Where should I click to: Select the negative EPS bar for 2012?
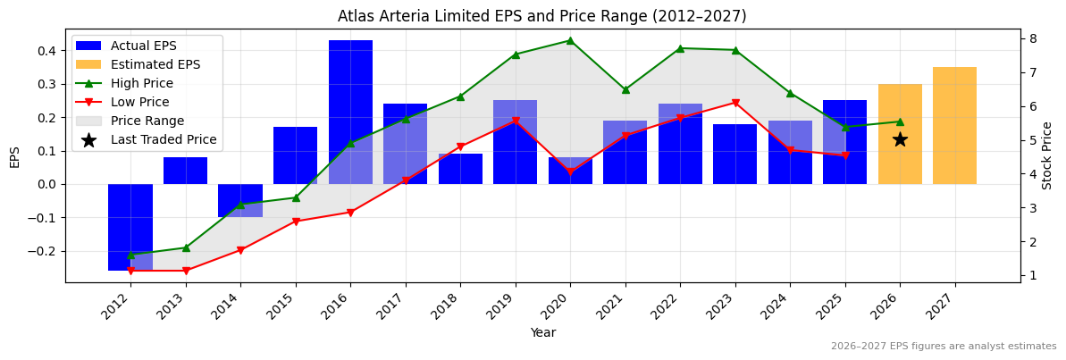[130, 227]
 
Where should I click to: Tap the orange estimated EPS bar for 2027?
[954, 125]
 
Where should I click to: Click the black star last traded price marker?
[900, 139]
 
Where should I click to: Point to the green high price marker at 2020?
[570, 40]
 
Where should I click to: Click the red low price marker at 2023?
[735, 103]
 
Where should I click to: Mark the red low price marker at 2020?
[570, 172]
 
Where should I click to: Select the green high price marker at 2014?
[240, 205]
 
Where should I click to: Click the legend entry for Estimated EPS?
[155, 64]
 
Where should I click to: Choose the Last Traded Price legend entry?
[164, 139]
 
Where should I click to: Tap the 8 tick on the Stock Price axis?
[1032, 38]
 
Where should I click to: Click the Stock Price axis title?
[1047, 155]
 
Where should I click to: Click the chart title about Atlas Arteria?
[541, 16]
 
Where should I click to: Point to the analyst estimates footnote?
[943, 347]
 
